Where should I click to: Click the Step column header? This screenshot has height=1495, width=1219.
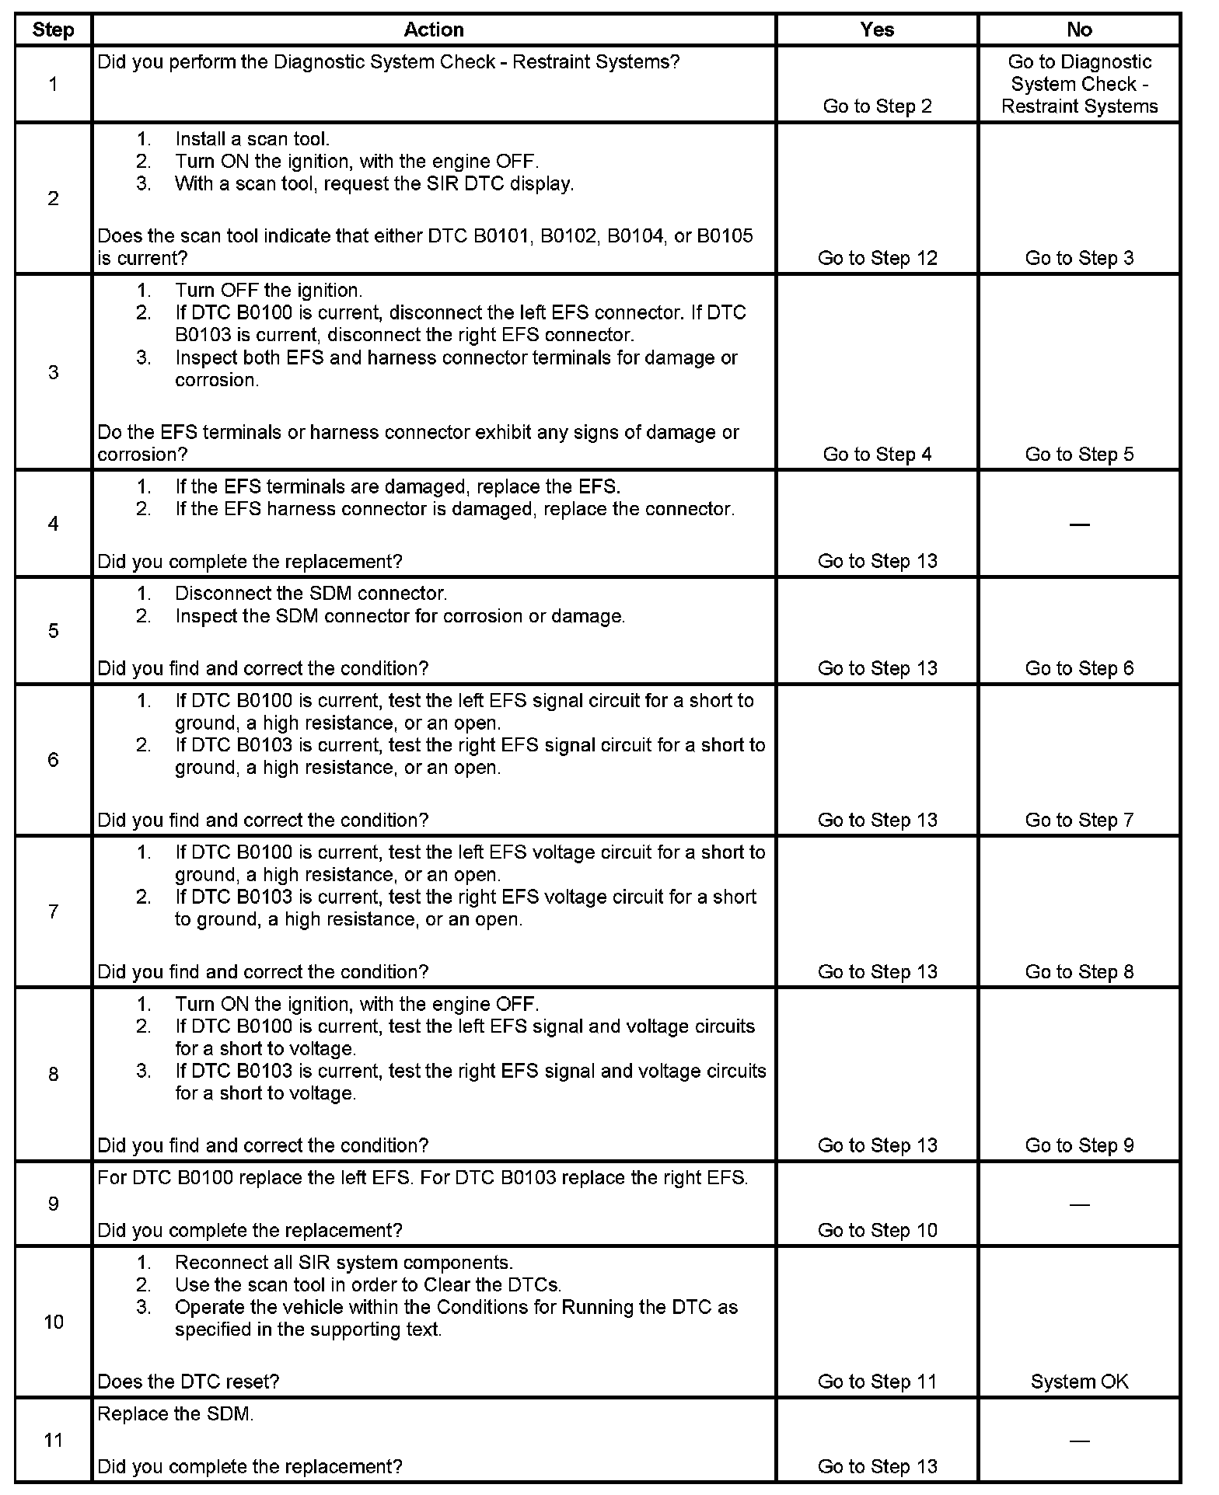[53, 30]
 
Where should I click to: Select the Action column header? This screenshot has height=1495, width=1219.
[433, 30]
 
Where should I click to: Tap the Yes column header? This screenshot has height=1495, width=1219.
[876, 30]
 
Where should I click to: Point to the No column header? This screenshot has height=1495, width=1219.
[1078, 30]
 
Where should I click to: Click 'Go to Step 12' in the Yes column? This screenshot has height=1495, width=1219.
[877, 258]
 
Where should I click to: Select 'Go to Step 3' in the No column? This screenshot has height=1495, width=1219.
[1079, 258]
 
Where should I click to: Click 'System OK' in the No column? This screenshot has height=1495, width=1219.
[1079, 1381]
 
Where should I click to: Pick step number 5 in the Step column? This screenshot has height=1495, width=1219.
[53, 630]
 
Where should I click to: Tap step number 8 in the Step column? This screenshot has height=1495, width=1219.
[53, 1074]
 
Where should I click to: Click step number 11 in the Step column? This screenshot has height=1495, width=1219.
[53, 1440]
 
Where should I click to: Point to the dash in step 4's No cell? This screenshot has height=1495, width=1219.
[1079, 524]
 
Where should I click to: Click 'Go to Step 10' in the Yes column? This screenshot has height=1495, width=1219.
[877, 1230]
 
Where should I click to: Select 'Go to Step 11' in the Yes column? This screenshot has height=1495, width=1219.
[877, 1381]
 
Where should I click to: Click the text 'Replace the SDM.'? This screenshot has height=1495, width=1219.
[176, 1413]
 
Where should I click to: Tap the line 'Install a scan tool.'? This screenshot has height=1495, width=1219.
[252, 139]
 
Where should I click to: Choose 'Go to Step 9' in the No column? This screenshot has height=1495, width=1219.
[1079, 1145]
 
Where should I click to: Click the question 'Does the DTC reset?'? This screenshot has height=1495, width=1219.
[188, 1381]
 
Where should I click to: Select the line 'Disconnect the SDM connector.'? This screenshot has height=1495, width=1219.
[311, 594]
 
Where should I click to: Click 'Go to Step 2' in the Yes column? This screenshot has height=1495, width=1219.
[877, 106]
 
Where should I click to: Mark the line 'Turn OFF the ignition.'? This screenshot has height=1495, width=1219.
[268, 291]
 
